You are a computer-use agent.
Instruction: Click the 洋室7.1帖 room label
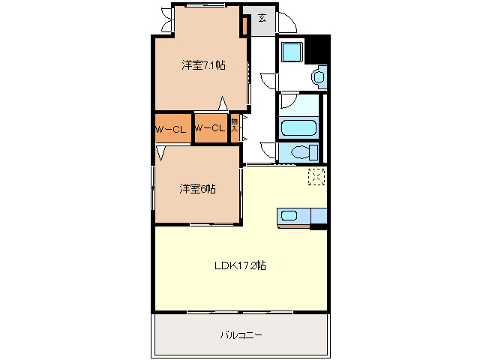203,65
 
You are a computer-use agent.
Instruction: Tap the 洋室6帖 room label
197,189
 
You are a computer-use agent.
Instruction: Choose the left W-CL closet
172,129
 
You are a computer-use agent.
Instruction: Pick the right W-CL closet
210,128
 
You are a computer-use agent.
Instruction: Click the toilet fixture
300,152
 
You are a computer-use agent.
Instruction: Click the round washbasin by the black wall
319,76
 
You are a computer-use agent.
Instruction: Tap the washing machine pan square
290,53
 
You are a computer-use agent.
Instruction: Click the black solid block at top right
320,49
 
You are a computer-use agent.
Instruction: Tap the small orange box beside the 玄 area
244,25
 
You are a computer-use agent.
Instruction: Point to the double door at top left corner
163,20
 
